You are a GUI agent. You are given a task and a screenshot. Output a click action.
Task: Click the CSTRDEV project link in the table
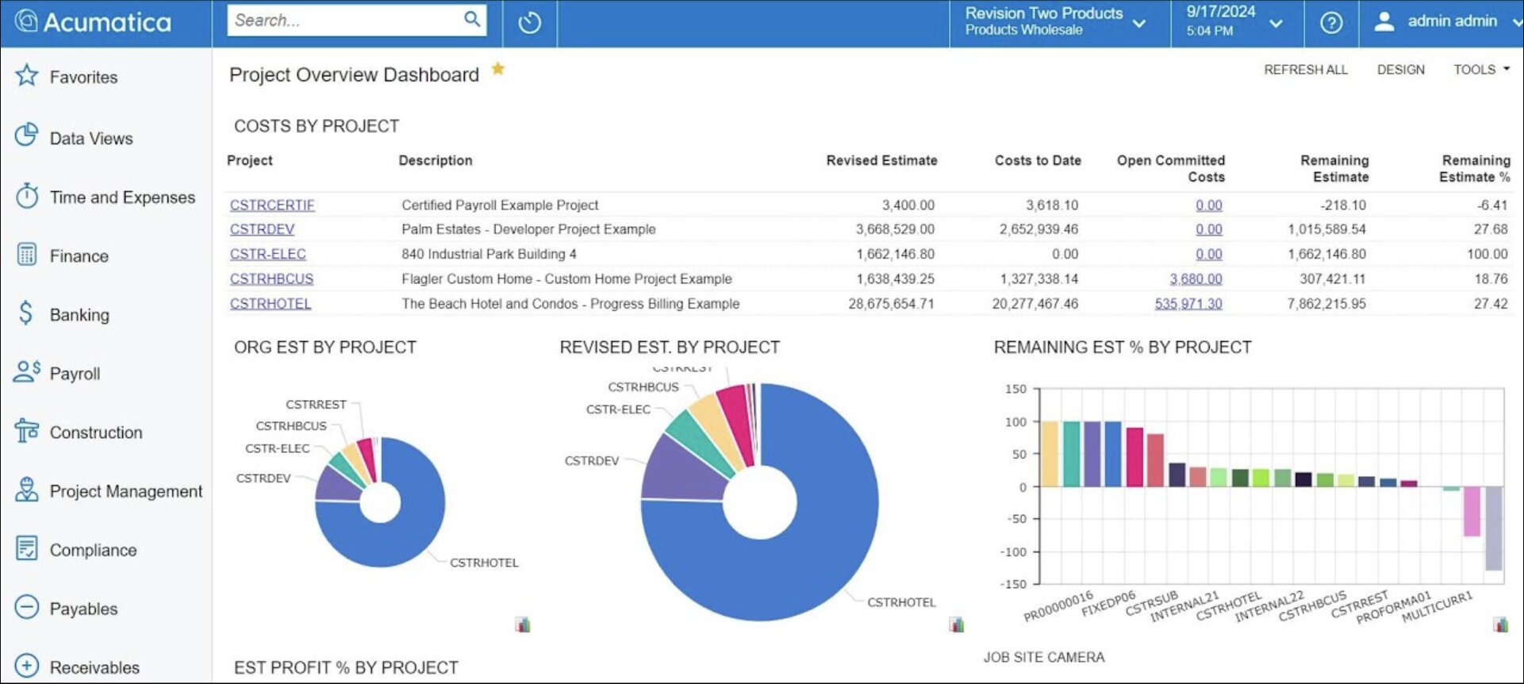point(262,229)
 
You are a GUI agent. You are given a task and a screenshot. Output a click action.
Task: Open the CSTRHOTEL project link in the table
point(271,304)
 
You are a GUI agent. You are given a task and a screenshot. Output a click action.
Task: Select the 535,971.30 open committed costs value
point(1188,304)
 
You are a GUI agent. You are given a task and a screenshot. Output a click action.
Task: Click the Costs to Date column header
point(1038,160)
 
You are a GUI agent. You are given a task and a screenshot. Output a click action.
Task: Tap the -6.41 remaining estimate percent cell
point(1491,205)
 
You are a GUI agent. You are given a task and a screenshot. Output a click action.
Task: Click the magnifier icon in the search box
point(472,19)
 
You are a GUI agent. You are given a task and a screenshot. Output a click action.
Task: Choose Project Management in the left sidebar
point(125,491)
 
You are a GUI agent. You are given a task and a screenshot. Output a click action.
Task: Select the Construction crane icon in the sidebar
point(26,432)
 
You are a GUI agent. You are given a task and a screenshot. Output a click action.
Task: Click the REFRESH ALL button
point(1305,70)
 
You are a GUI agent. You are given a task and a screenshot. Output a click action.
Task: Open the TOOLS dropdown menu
point(1480,70)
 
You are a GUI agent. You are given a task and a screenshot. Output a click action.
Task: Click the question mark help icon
point(1330,23)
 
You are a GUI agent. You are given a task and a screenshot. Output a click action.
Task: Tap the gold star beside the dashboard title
point(498,69)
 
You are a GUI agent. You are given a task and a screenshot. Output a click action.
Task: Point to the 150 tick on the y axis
point(1015,389)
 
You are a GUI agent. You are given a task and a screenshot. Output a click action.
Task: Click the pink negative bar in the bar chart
point(1472,511)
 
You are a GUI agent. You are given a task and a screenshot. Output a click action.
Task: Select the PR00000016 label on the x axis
point(1058,605)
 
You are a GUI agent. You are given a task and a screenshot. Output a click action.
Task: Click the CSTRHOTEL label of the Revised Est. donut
point(901,602)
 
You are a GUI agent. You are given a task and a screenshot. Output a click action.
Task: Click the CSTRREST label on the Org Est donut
point(316,405)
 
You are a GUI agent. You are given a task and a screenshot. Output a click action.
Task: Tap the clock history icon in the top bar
point(530,23)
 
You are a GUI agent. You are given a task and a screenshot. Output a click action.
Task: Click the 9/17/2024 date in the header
point(1220,12)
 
